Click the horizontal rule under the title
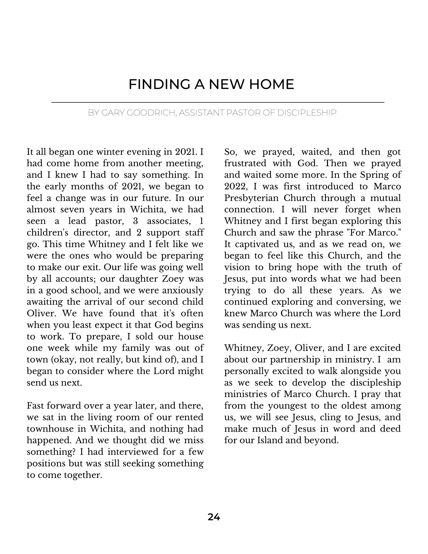[218, 102]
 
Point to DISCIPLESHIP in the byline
[307, 113]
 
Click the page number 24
[214, 517]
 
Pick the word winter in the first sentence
[110, 152]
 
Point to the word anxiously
[183, 290]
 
